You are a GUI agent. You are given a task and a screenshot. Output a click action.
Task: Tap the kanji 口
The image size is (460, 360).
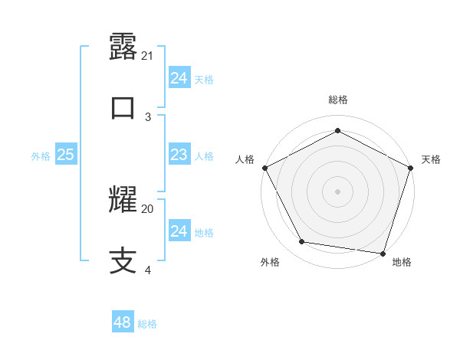(123, 108)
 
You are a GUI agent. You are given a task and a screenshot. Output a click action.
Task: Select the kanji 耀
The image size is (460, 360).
(123, 201)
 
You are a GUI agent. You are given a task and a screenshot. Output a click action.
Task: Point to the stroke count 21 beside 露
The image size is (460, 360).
(148, 55)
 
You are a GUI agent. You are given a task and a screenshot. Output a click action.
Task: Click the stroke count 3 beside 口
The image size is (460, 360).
(148, 116)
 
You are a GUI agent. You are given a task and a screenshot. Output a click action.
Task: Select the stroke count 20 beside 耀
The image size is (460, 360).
(148, 208)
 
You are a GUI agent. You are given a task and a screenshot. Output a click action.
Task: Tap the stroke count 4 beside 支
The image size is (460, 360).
(148, 270)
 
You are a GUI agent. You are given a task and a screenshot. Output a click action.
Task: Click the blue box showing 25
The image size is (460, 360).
(65, 155)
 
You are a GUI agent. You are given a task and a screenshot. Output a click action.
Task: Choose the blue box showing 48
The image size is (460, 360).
(122, 323)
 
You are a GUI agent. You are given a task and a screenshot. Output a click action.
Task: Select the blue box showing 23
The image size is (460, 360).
(179, 155)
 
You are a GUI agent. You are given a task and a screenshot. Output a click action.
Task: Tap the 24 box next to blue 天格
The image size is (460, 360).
(179, 79)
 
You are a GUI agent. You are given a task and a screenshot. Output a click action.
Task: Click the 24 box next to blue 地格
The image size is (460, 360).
(179, 231)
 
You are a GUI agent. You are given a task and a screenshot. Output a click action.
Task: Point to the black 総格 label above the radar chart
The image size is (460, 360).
(337, 100)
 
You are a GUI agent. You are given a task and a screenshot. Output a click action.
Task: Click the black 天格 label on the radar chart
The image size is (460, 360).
(431, 159)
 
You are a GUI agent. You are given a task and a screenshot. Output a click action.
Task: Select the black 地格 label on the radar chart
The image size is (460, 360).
(402, 262)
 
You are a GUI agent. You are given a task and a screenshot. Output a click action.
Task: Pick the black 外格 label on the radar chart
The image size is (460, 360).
(270, 262)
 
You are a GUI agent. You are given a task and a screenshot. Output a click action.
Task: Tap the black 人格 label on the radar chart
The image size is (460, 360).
(245, 159)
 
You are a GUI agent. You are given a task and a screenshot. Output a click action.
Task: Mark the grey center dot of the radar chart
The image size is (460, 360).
(337, 191)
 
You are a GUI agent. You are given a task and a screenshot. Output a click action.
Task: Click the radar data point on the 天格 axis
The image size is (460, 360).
(411, 168)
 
